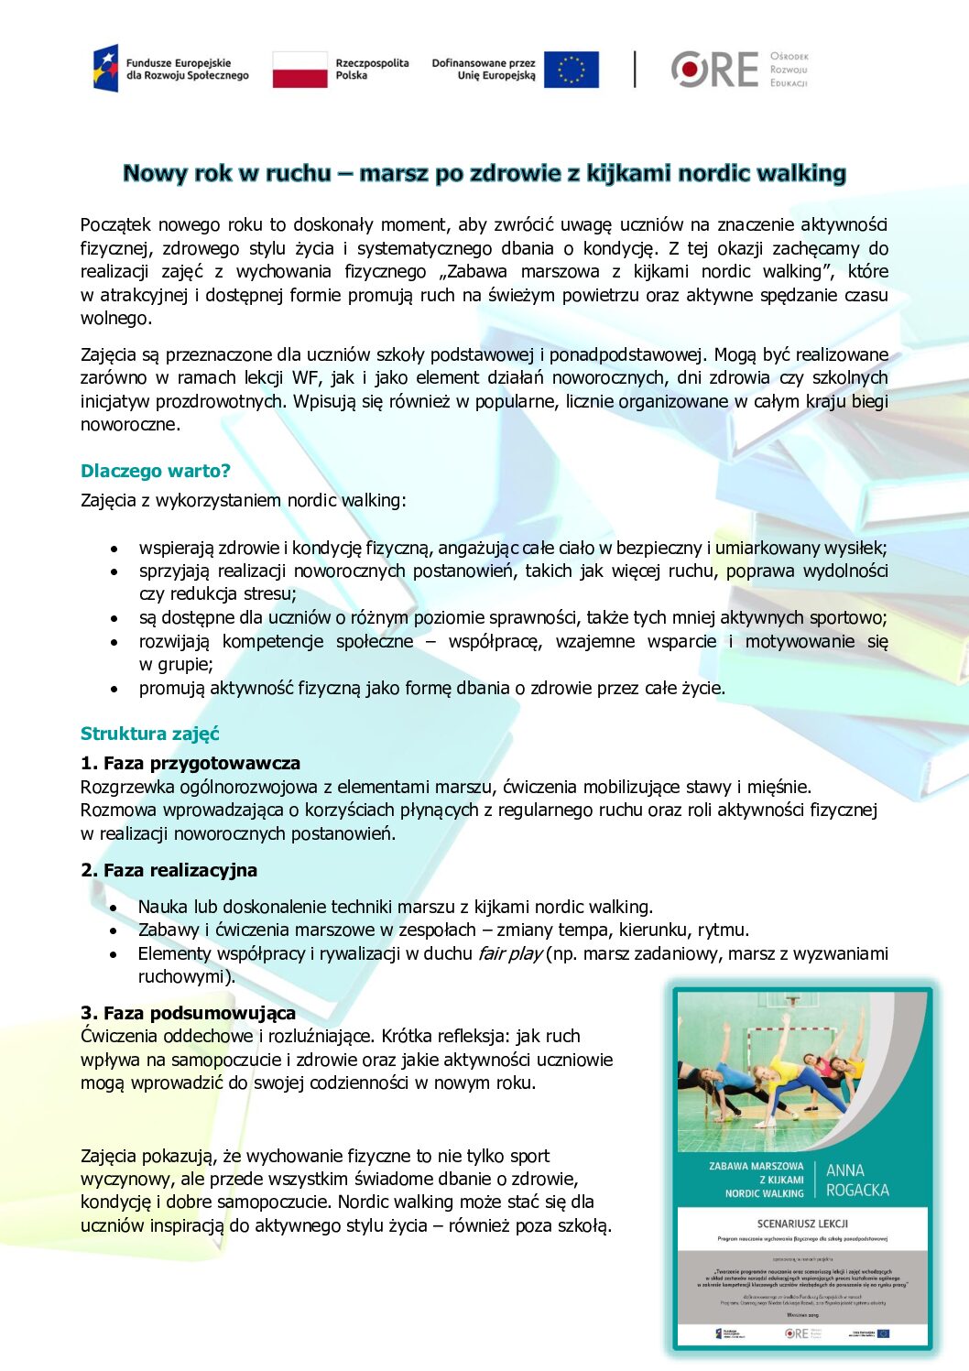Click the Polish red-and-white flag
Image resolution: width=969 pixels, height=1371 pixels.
(299, 70)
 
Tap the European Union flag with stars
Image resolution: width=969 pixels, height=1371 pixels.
(571, 70)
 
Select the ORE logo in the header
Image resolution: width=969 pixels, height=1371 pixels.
(715, 70)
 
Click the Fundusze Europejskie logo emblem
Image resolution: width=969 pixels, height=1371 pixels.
(106, 69)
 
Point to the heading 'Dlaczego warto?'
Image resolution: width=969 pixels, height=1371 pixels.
(155, 471)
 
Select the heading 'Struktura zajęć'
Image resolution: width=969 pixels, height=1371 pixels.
(149, 734)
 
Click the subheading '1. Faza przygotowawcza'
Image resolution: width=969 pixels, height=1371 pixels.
(190, 763)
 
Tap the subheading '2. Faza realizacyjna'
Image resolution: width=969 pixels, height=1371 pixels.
(169, 870)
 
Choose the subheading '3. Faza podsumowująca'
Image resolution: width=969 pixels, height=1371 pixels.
(188, 1012)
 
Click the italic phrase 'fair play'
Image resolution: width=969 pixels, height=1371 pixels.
(509, 953)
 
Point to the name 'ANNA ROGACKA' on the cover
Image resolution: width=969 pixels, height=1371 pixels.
(856, 1180)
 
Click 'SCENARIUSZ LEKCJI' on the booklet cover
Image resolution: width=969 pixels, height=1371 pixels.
(802, 1224)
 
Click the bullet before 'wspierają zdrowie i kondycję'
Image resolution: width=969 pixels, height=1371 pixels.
(114, 549)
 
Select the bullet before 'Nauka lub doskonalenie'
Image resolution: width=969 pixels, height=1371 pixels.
(114, 908)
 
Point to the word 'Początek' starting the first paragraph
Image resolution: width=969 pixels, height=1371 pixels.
(115, 224)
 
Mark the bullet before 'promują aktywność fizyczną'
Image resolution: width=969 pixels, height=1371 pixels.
(114, 689)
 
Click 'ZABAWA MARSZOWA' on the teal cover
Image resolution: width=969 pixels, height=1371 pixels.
(756, 1167)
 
